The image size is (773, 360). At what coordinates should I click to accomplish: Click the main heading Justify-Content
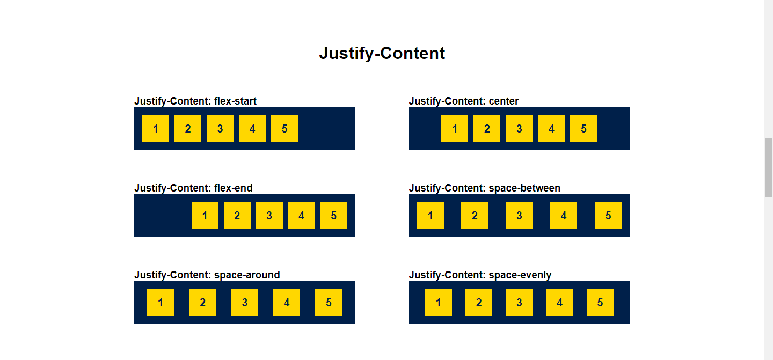(382, 53)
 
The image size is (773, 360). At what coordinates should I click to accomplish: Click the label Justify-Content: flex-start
(195, 101)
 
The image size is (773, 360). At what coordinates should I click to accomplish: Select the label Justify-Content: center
(464, 101)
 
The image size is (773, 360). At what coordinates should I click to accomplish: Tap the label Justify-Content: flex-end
(193, 188)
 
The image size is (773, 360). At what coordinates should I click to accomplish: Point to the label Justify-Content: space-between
(484, 188)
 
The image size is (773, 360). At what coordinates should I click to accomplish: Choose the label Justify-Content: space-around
(207, 275)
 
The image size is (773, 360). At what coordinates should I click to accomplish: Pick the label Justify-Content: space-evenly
(480, 275)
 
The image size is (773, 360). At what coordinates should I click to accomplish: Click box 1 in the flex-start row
(156, 129)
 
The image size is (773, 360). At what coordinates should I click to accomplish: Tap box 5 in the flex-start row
(285, 129)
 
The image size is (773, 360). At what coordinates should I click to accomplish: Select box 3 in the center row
(519, 129)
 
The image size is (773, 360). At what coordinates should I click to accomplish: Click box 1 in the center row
(455, 129)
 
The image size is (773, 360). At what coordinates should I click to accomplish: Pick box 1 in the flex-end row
(205, 216)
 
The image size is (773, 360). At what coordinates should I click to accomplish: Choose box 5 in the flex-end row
(334, 216)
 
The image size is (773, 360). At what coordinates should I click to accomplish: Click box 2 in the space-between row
(475, 216)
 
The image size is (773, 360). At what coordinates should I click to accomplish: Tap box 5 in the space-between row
(608, 216)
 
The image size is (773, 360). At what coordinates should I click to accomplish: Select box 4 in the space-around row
(287, 303)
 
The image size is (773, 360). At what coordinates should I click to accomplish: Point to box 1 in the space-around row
(161, 303)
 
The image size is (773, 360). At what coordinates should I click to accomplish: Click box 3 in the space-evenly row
(519, 303)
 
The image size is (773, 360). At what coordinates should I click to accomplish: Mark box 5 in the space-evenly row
(600, 303)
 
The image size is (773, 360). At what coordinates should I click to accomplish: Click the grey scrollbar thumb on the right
(768, 167)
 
